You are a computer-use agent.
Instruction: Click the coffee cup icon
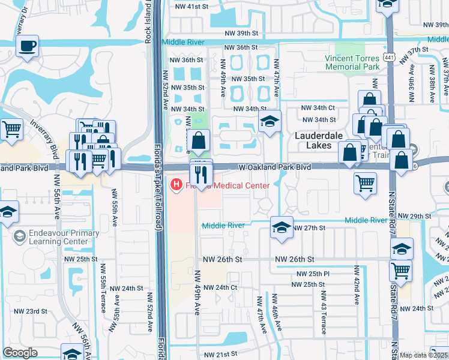pyautogui.click(x=28, y=46)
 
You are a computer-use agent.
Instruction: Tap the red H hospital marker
pyautogui.click(x=177, y=184)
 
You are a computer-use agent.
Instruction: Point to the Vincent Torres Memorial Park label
pyautogui.click(x=352, y=62)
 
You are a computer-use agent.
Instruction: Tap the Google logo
pyautogui.click(x=20, y=352)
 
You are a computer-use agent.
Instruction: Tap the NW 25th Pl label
pyautogui.click(x=309, y=274)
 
